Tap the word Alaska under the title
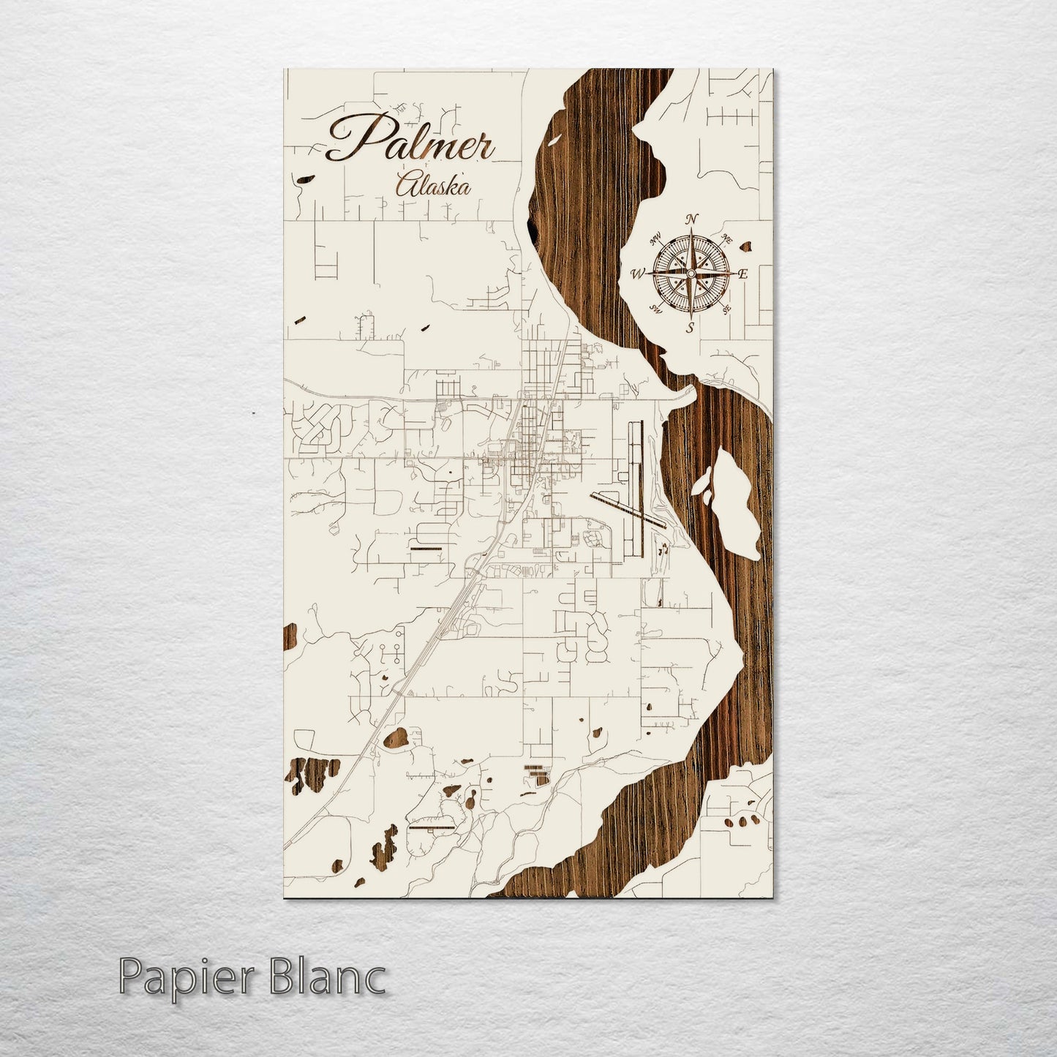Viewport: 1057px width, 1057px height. click(x=432, y=185)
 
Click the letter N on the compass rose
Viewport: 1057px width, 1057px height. click(x=692, y=219)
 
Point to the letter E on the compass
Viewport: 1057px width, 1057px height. click(x=742, y=274)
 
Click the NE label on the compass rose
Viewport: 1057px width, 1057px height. click(x=727, y=238)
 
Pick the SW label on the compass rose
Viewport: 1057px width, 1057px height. click(x=656, y=309)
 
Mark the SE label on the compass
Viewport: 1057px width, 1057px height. click(x=726, y=309)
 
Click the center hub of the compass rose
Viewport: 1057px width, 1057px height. click(x=691, y=273)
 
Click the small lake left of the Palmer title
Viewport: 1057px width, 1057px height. click(x=303, y=178)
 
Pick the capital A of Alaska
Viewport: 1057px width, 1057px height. click(x=405, y=184)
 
